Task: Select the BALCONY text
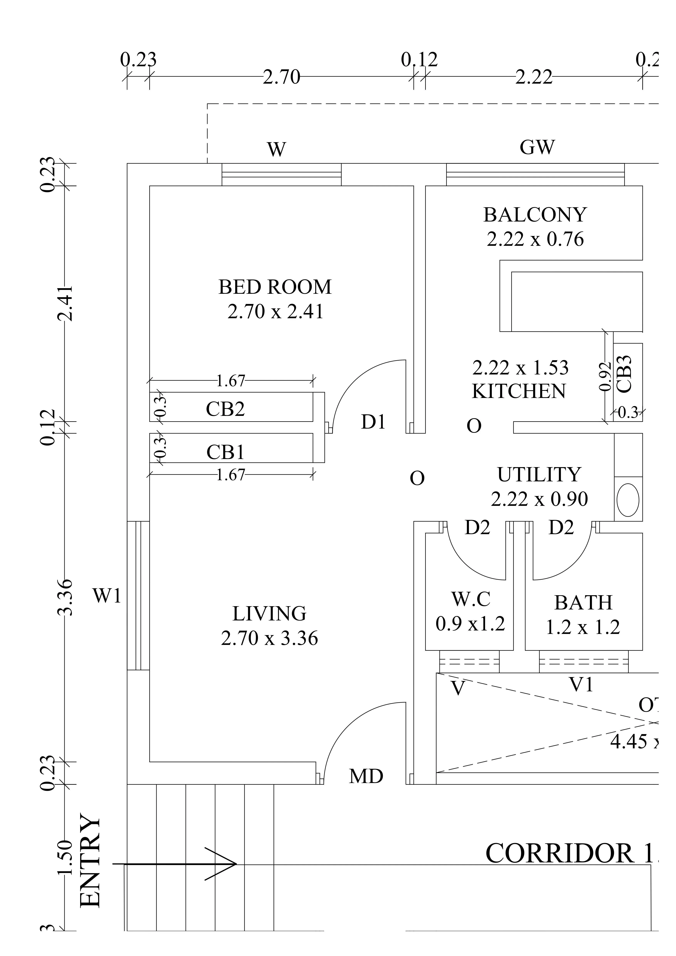pyautogui.click(x=535, y=215)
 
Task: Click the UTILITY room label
pyautogui.click(x=539, y=475)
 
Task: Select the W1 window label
pyautogui.click(x=107, y=596)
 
